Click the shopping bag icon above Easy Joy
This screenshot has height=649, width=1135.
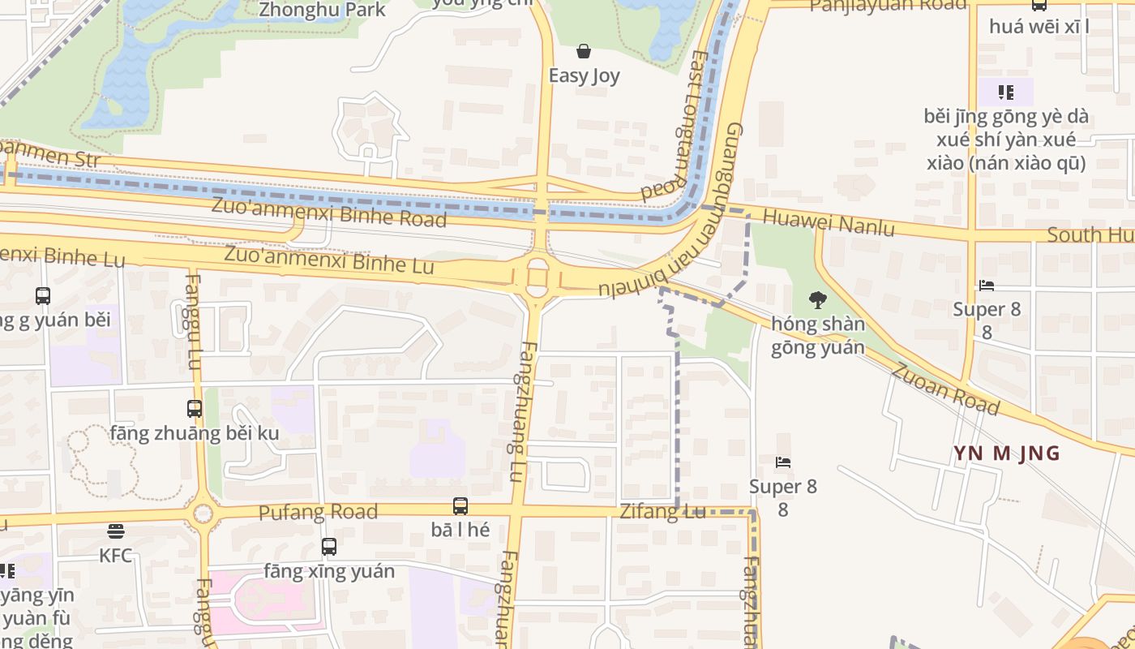coord(583,52)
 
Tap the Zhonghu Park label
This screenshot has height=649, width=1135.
coord(322,10)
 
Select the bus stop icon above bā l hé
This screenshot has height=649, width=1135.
coord(460,506)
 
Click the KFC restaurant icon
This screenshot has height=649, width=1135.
coord(116,532)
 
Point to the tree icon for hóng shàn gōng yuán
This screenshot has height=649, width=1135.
coord(817,300)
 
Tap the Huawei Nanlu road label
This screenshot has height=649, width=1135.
coord(829,222)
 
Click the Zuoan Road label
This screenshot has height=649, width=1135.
coord(945,389)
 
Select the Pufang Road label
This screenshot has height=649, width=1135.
coord(318,513)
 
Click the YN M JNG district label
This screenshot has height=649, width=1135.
coord(1006,453)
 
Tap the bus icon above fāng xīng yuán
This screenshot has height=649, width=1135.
coord(328,547)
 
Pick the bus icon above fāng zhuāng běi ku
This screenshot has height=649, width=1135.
coord(195,409)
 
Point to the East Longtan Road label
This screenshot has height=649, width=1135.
coord(686,126)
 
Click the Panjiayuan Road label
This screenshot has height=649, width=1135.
coord(888,5)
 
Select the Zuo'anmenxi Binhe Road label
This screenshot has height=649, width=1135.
coord(328,212)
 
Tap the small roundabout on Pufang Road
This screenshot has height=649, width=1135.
coord(203,514)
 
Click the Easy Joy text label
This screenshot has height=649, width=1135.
coord(584,76)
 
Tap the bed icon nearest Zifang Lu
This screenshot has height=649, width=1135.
coord(783,462)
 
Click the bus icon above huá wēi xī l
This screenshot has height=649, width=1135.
coord(1039,5)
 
